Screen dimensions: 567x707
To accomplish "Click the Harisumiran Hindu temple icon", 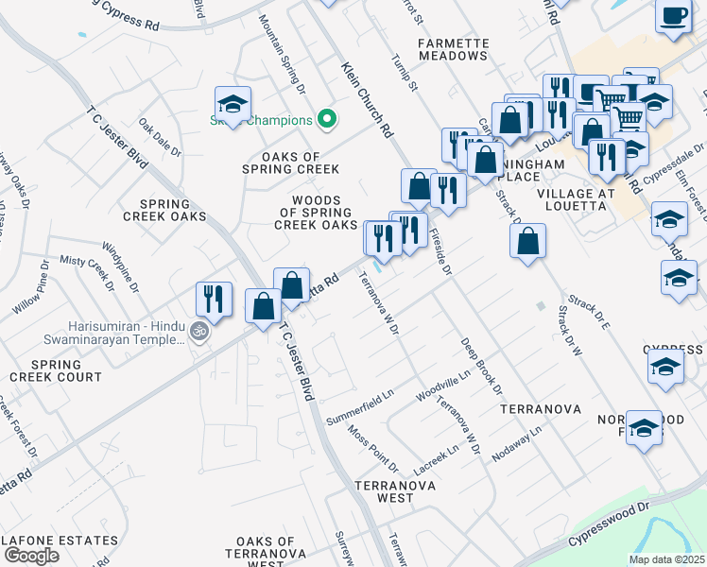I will click(198, 332).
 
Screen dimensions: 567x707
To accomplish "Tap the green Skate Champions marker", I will click(327, 120).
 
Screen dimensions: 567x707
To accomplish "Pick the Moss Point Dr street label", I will click(372, 448).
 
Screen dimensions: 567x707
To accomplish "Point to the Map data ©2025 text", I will click(665, 559).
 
